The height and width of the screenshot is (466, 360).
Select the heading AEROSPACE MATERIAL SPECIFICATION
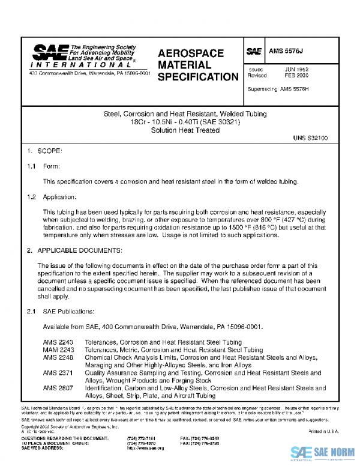[x=198, y=65]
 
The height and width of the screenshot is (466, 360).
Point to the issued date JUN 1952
[x=296, y=70]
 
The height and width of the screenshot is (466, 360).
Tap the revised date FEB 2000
[x=296, y=76]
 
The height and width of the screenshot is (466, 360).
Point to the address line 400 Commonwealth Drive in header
[x=90, y=73]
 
